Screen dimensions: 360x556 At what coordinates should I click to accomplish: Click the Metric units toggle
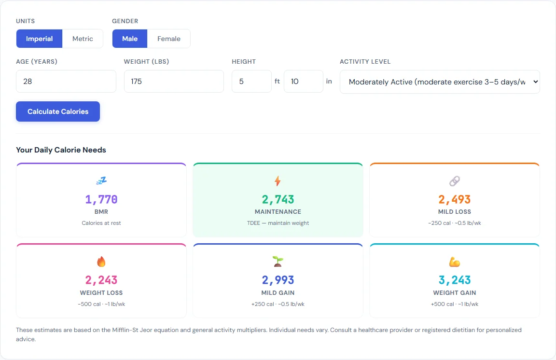[83, 39]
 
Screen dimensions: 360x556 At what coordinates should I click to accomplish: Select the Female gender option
[168, 39]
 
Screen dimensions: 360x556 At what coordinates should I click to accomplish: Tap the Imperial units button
[40, 39]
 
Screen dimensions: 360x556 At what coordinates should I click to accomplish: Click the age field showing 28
[66, 81]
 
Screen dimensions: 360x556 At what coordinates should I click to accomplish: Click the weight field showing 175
[174, 81]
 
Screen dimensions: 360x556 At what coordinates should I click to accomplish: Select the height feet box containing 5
[251, 81]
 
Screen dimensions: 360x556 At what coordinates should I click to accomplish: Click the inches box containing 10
[303, 81]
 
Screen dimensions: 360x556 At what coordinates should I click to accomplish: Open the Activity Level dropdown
[439, 82]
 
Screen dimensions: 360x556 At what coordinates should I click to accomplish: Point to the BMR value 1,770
[101, 199]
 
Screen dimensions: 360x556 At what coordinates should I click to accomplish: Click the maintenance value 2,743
[278, 199]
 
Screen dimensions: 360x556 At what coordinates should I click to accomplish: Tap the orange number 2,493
[454, 199]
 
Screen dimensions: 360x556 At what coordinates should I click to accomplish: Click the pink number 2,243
[101, 280]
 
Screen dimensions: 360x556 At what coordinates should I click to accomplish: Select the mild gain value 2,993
[278, 280]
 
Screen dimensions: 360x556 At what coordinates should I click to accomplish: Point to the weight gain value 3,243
[454, 280]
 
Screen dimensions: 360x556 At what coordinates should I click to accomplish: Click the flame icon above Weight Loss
[101, 262]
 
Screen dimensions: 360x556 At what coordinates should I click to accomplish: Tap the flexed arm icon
[454, 262]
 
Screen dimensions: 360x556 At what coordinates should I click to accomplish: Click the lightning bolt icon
[278, 181]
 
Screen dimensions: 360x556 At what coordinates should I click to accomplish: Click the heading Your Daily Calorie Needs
[61, 150]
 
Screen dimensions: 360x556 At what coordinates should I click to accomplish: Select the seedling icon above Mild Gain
[278, 262]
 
